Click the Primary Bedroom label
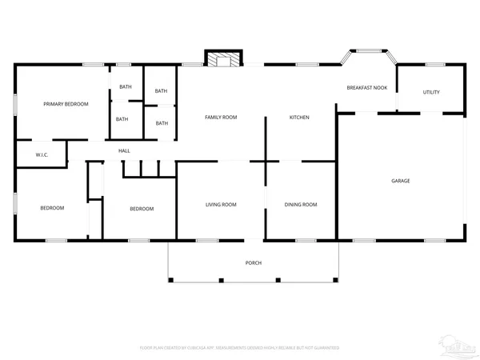tap(66, 104)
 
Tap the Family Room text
tap(221, 118)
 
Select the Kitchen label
tap(299, 118)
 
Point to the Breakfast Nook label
tap(367, 87)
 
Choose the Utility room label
tap(431, 92)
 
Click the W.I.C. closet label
tap(42, 154)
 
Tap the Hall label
tap(124, 150)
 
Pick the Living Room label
tap(221, 205)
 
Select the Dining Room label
tap(301, 205)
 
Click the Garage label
tap(401, 181)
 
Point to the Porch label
tap(253, 262)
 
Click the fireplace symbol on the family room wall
tap(222, 59)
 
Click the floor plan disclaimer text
tap(240, 348)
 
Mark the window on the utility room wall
tap(436, 64)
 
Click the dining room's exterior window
tap(306, 240)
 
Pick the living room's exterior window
tap(207, 240)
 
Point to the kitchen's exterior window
tap(307, 64)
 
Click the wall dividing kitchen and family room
tap(266, 136)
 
